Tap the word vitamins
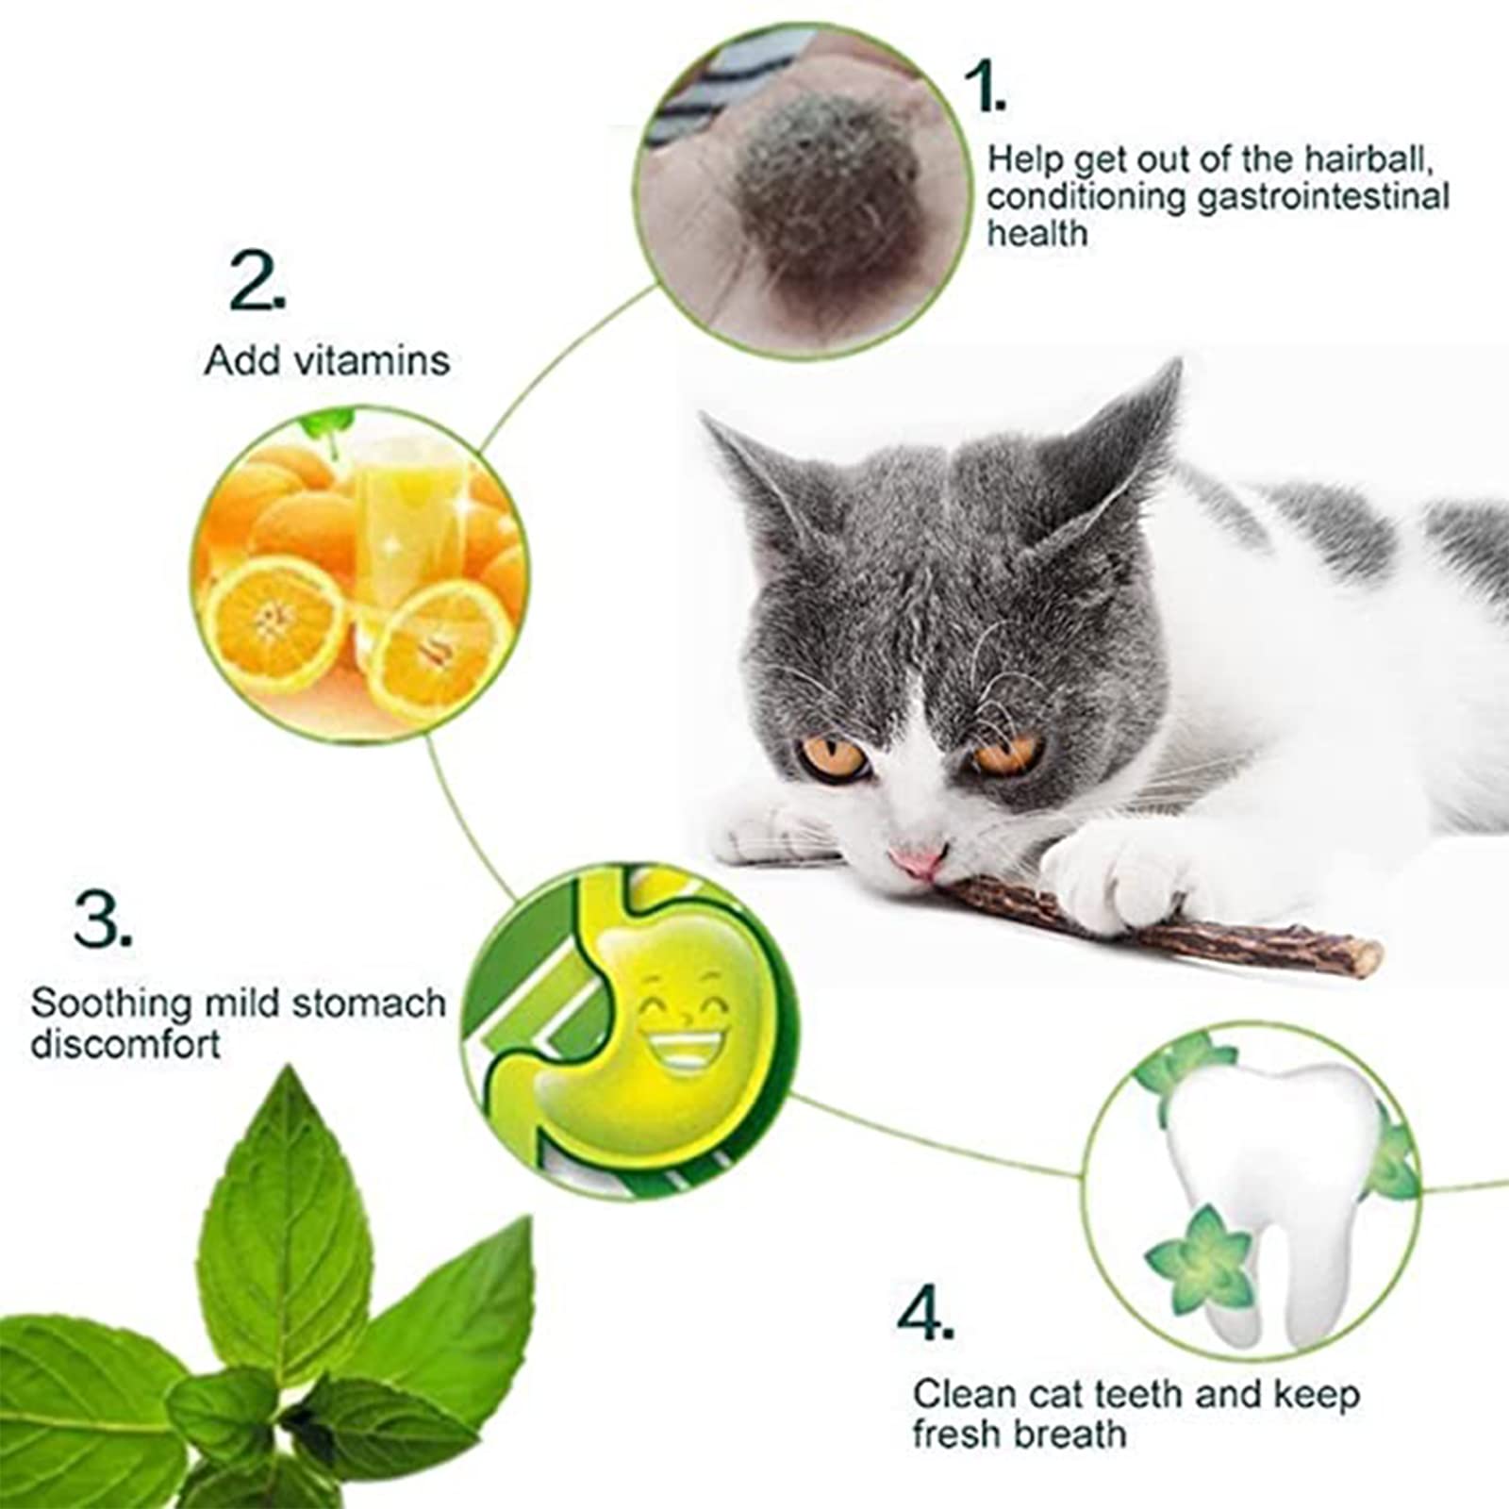pos(381,361)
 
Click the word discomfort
pos(125,1044)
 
